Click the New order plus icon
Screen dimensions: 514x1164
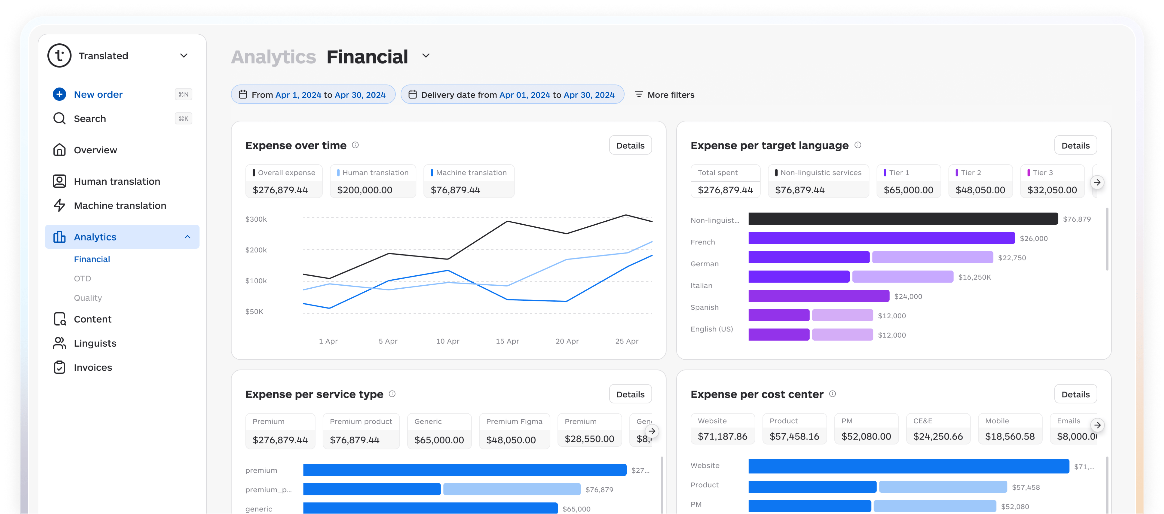pos(59,94)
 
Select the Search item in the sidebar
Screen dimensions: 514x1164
pos(90,118)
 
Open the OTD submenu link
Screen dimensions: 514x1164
pos(82,279)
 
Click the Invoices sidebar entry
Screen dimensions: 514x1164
pos(93,367)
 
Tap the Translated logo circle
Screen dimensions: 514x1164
pos(59,56)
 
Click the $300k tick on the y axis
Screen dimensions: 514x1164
pos(256,219)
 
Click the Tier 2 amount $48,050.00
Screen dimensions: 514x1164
pos(980,190)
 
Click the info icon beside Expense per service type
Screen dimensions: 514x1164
pos(392,394)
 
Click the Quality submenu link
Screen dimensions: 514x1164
pos(88,298)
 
